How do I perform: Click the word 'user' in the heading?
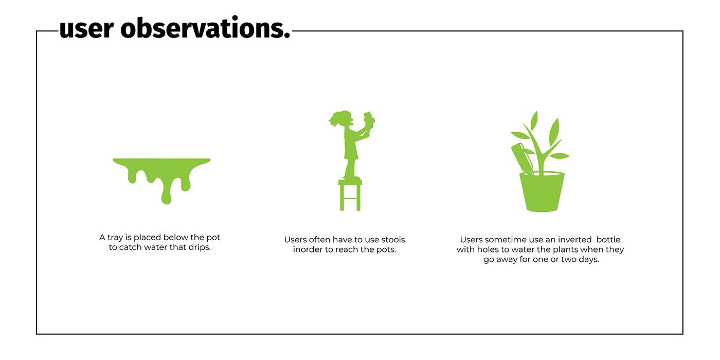[86, 29]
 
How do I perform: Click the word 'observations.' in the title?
[205, 27]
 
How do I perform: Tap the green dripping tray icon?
[161, 181]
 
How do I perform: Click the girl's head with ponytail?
[342, 119]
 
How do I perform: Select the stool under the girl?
[350, 195]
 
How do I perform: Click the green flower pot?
[542, 192]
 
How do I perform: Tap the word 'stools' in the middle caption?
[393, 240]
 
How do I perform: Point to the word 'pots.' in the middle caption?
[386, 250]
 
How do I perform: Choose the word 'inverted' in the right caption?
[575, 240]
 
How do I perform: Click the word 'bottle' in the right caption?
[608, 240]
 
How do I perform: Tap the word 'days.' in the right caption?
[588, 259]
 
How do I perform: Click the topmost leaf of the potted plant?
[534, 120]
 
